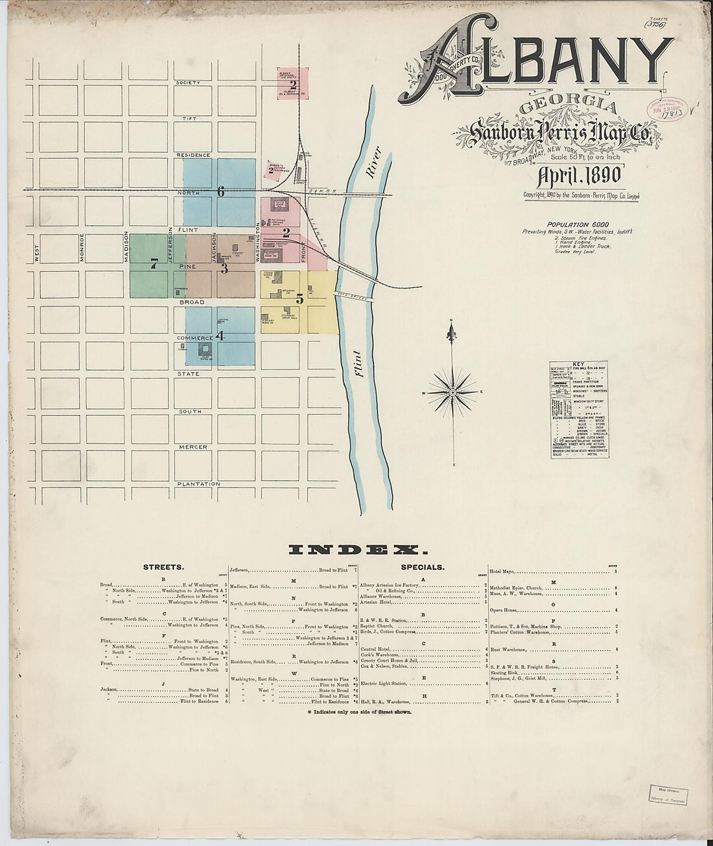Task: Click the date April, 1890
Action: [579, 176]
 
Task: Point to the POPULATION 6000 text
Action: [577, 224]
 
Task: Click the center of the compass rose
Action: [452, 393]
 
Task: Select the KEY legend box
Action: [579, 410]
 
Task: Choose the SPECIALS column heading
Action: [423, 567]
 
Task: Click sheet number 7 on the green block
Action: [153, 264]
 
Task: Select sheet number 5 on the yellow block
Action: [299, 299]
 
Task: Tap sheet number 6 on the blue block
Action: [220, 192]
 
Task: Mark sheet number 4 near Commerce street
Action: [220, 336]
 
